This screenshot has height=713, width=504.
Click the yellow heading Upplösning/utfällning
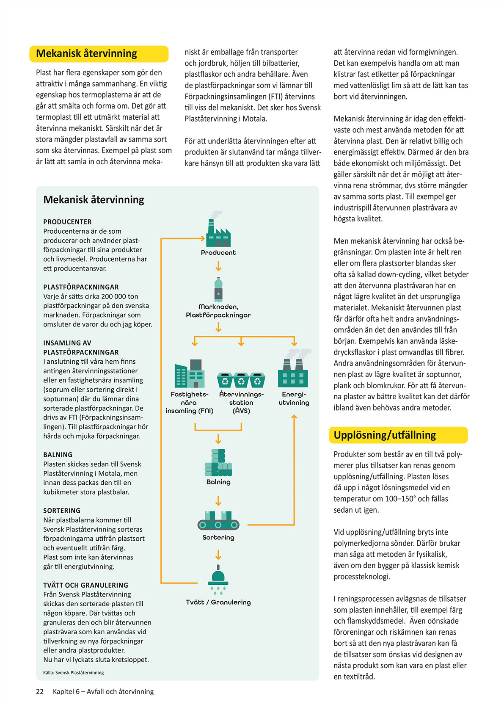(x=384, y=435)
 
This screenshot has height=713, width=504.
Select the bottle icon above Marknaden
(x=218, y=290)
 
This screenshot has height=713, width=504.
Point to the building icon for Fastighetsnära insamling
(x=190, y=374)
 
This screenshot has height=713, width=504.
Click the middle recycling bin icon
(x=241, y=380)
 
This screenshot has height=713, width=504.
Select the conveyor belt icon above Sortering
(x=218, y=521)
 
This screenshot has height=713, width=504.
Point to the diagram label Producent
(x=218, y=253)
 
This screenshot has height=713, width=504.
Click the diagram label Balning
(x=218, y=482)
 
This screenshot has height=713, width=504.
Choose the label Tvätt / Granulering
(x=218, y=602)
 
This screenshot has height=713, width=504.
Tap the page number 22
(x=40, y=691)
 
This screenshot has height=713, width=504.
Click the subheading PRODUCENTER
(x=67, y=222)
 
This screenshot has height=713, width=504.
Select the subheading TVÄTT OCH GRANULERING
(x=85, y=585)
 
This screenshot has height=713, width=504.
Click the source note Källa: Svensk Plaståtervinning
(x=73, y=672)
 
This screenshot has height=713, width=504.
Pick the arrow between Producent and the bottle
(x=218, y=266)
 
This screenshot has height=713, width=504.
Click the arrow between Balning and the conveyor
(x=218, y=501)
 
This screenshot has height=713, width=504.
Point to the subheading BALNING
(x=58, y=455)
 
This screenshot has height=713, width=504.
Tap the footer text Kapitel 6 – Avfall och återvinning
(x=103, y=691)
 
